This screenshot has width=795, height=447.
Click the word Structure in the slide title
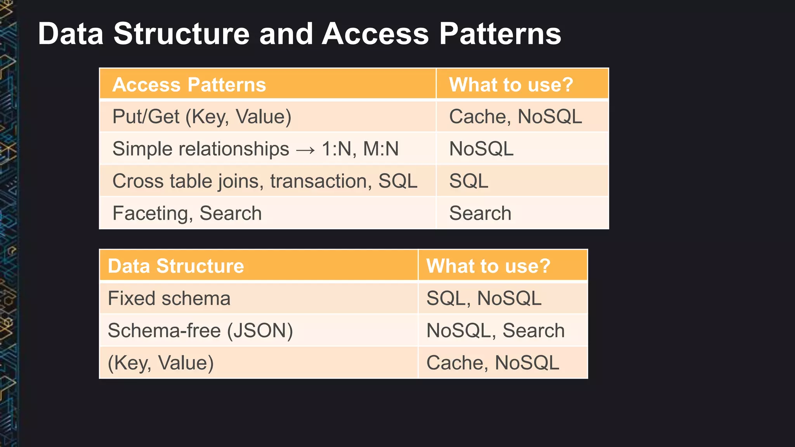pyautogui.click(x=181, y=34)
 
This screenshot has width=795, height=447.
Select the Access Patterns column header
pyautogui.click(x=189, y=85)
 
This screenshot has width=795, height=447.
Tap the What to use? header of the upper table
pyautogui.click(x=511, y=85)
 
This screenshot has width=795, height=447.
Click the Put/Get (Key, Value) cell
pyautogui.click(x=201, y=117)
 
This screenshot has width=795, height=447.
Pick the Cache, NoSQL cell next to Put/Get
pyautogui.click(x=515, y=117)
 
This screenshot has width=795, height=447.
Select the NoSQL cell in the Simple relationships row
pyautogui.click(x=481, y=149)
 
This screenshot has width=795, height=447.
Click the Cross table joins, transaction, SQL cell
pyautogui.click(x=265, y=181)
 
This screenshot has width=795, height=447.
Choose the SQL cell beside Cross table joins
pyautogui.click(x=469, y=181)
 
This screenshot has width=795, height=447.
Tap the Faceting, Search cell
pyautogui.click(x=187, y=213)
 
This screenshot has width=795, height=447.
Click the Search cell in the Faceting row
pyautogui.click(x=480, y=213)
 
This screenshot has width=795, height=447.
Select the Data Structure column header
pyautogui.click(x=176, y=266)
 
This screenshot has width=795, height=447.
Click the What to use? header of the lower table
pyautogui.click(x=488, y=266)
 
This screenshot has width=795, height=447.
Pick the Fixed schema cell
pyautogui.click(x=169, y=298)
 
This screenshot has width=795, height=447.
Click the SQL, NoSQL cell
pyautogui.click(x=484, y=298)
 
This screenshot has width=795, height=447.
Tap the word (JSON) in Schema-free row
pyautogui.click(x=260, y=331)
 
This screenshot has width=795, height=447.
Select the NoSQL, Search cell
pyautogui.click(x=495, y=331)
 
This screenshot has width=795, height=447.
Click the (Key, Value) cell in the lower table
pyautogui.click(x=161, y=363)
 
